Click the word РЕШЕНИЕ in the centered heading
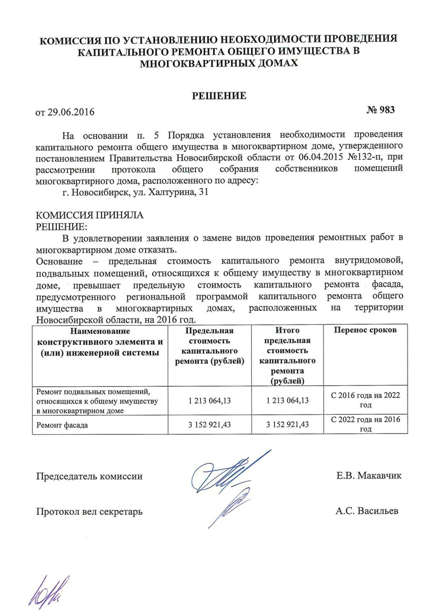click(x=219, y=96)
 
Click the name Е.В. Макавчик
click(x=368, y=476)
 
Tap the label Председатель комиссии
click(x=89, y=476)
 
